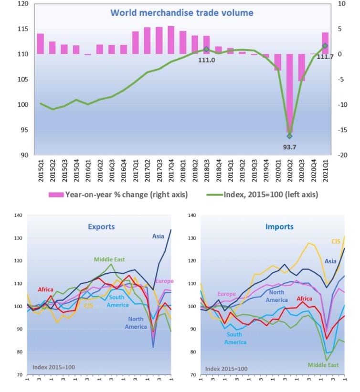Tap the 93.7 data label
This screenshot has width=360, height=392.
click(289, 147)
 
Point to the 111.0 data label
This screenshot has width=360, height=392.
click(206, 60)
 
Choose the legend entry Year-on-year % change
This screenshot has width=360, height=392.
click(119, 195)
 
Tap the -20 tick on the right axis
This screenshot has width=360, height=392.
click(342, 155)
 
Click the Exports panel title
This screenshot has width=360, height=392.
click(101, 227)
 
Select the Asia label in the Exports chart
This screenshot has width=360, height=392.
click(158, 236)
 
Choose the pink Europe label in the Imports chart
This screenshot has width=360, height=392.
click(226, 294)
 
